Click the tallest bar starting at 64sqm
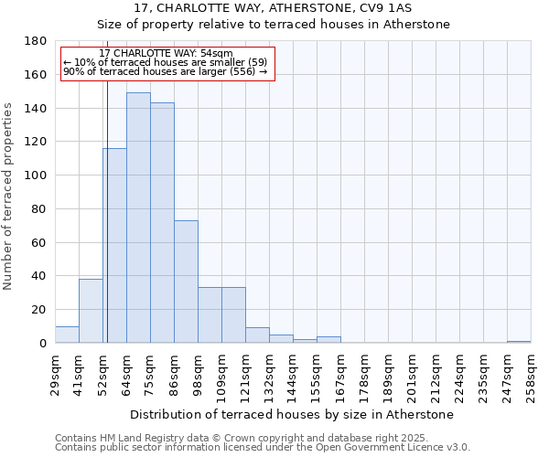coord(138,218)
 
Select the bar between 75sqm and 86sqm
coord(162,223)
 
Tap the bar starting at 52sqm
coord(114,246)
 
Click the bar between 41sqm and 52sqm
coord(91,311)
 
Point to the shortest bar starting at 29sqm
coord(67,335)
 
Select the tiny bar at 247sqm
coord(519,342)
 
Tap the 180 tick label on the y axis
coord(36,41)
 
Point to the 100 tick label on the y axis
coord(36,175)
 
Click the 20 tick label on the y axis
coord(39,310)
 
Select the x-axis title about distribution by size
coord(292,415)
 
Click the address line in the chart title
coord(274,8)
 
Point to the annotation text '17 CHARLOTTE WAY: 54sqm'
coord(166,54)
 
